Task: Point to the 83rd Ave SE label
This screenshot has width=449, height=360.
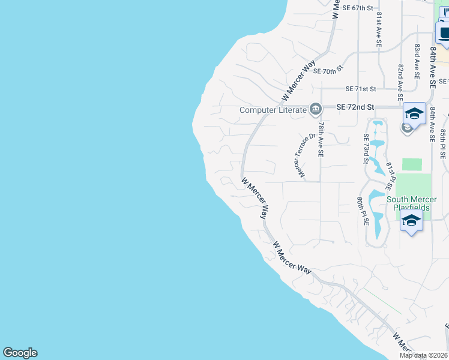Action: click(417, 61)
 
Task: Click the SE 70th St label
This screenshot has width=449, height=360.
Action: click(322, 70)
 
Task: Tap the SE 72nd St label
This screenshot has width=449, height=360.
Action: click(355, 107)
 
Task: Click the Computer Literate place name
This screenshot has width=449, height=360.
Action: click(273, 110)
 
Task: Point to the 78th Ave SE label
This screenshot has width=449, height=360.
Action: click(321, 139)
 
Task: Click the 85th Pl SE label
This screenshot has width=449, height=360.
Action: click(443, 143)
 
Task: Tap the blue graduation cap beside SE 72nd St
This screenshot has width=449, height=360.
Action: click(414, 113)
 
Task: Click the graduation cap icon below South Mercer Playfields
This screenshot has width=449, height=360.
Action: click(411, 221)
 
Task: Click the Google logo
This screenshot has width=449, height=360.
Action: click(20, 353)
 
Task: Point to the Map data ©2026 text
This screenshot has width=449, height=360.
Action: click(423, 355)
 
